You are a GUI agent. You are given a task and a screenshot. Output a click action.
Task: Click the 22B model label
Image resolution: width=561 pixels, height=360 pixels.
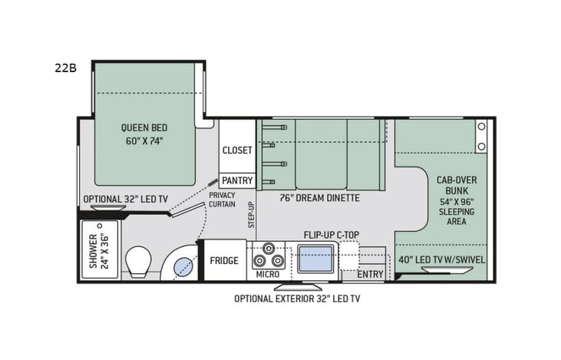[66, 68]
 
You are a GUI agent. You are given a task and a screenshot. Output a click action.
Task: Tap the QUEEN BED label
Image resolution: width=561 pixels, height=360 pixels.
[144, 127]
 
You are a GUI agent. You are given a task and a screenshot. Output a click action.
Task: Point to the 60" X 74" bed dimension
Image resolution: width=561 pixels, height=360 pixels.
[144, 141]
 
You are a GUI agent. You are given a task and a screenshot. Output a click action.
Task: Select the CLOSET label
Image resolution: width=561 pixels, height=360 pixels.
[237, 150]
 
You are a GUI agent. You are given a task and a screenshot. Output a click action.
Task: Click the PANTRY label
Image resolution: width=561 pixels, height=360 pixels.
[237, 180]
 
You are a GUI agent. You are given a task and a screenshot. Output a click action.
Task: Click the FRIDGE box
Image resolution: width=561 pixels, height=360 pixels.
[223, 260]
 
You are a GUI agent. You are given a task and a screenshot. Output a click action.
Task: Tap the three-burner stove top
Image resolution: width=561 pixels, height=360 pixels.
[269, 253]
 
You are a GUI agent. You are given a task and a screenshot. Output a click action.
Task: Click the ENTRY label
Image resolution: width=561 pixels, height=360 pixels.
[370, 274]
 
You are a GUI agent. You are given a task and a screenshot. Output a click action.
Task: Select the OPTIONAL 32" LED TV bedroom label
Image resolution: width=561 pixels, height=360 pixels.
[125, 199]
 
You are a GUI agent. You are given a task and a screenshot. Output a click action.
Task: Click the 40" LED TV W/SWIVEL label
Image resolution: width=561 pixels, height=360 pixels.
[441, 259]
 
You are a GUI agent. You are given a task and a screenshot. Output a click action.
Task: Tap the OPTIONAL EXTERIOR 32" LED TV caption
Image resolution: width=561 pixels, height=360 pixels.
[297, 298]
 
